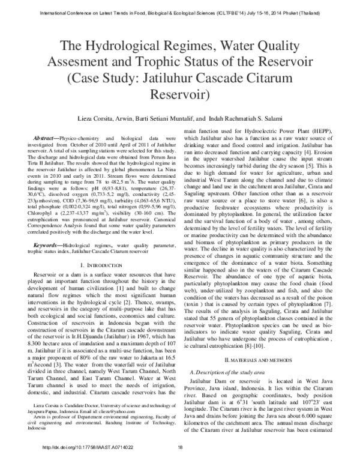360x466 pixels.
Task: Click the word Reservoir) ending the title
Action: point(180,95)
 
